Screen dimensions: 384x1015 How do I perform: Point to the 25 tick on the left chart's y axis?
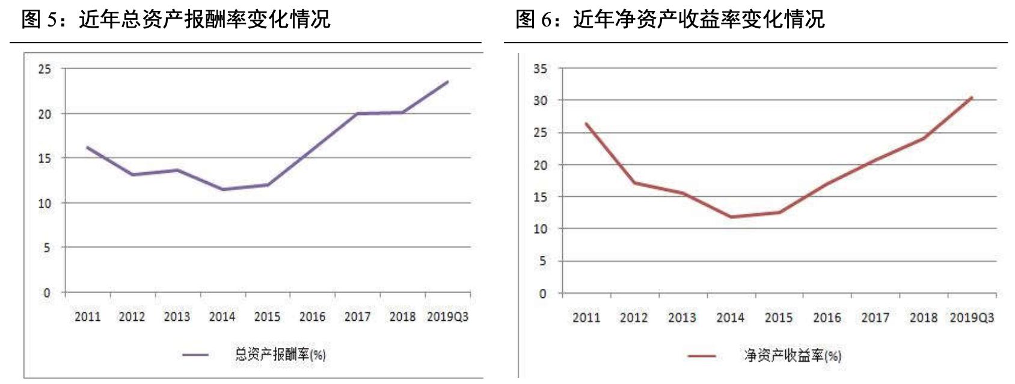[45, 69]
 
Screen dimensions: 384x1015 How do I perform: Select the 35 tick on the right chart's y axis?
[540, 69]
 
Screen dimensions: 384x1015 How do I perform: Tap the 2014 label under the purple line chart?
[222, 317]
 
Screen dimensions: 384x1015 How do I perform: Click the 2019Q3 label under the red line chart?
[972, 318]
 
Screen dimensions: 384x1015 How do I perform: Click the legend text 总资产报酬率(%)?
[280, 355]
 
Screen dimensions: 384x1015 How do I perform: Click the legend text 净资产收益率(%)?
[793, 356]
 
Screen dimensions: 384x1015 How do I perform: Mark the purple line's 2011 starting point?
[88, 147]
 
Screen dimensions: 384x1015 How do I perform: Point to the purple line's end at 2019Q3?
[447, 82]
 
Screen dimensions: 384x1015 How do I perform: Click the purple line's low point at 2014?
[223, 190]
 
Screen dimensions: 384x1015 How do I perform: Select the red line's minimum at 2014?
[731, 217]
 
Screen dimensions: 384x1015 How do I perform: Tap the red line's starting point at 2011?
[586, 124]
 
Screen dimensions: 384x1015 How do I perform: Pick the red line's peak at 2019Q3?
[972, 98]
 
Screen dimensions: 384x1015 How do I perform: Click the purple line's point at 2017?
[358, 113]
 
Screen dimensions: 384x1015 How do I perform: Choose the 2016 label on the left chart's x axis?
[312, 317]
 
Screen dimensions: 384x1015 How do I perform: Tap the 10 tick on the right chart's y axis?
[540, 229]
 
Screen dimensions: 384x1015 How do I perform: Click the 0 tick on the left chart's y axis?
[47, 293]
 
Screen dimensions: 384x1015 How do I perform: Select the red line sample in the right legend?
[701, 356]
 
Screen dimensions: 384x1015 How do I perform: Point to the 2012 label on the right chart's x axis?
[634, 318]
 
